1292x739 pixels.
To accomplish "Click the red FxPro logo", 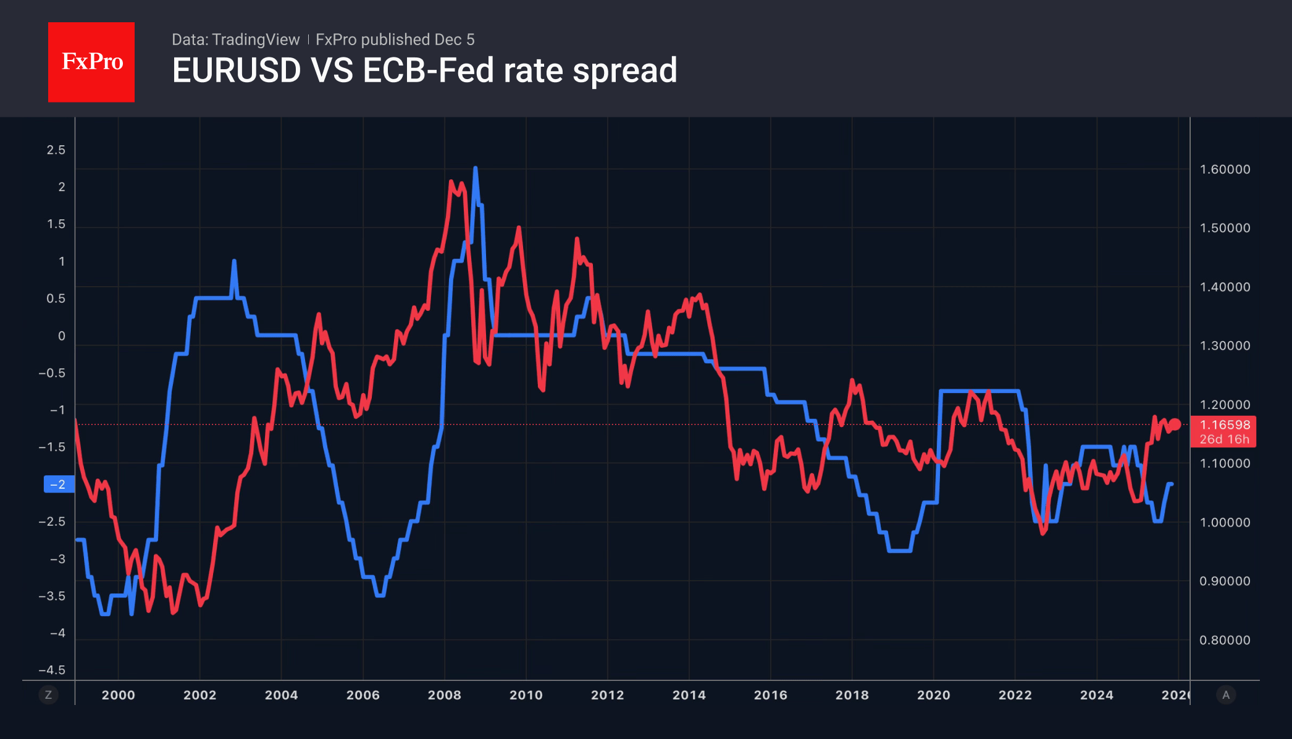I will [x=91, y=62].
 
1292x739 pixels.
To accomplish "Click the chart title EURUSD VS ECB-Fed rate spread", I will [x=424, y=70].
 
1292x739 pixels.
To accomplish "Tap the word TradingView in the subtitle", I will [x=256, y=40].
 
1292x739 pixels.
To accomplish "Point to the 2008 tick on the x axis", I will [x=444, y=695].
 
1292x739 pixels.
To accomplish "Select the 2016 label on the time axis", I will [x=770, y=695].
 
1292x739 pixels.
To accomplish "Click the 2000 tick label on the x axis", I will [x=118, y=695].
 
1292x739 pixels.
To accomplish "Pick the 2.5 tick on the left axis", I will [x=56, y=150].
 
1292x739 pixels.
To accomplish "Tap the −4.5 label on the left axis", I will [x=52, y=670].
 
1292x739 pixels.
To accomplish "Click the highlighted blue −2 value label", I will [x=59, y=484].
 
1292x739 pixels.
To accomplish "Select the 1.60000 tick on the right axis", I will [x=1225, y=169].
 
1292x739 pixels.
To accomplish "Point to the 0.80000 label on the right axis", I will [x=1225, y=640].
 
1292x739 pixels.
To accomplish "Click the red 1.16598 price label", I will [x=1225, y=425].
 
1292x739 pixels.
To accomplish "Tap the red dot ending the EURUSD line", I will [x=1175, y=424].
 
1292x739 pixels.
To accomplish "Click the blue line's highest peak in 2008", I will [x=475, y=168].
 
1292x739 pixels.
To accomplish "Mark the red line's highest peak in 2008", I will [x=451, y=182].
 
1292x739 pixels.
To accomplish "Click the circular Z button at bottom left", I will [x=48, y=695].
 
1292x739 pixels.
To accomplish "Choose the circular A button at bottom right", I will [x=1226, y=695].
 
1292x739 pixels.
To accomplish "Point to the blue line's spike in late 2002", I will [x=234, y=262].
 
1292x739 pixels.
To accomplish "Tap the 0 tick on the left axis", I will [x=61, y=336].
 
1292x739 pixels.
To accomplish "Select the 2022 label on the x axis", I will [x=1015, y=695].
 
